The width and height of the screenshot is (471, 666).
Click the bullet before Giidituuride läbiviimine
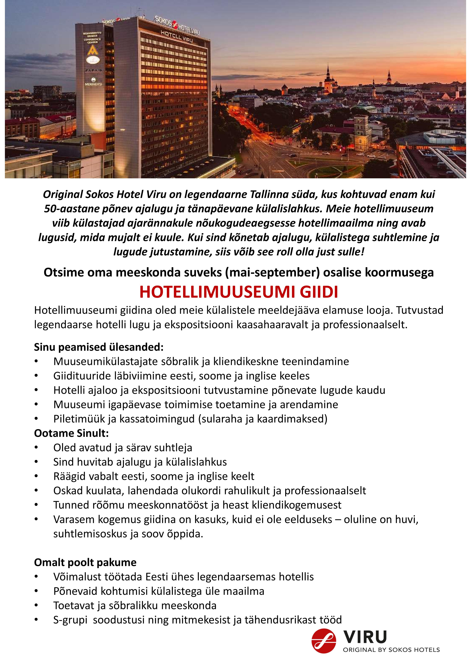tap(36, 376)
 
